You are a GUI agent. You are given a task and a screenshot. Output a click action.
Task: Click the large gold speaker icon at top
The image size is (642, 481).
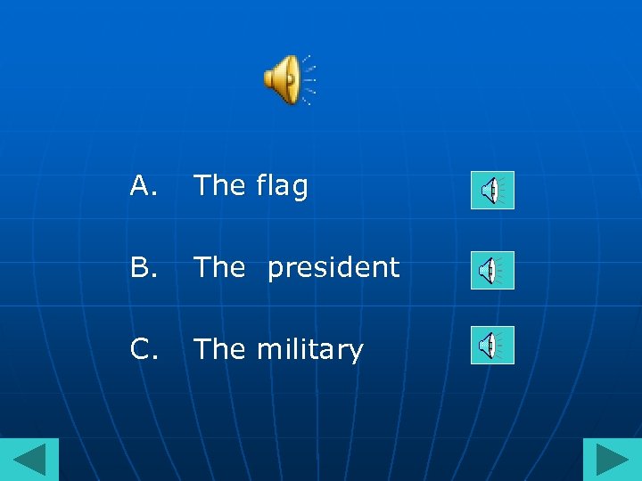click(x=284, y=79)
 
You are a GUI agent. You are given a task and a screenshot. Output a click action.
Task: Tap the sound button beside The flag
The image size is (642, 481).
click(x=492, y=190)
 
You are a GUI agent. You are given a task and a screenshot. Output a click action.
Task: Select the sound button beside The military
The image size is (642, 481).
click(x=492, y=345)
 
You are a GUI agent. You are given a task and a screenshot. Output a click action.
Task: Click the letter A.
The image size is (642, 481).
click(x=142, y=185)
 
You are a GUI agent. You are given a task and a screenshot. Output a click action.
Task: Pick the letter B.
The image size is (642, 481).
click(x=142, y=267)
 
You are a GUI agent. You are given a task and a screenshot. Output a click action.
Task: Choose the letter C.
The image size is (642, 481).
click(x=143, y=349)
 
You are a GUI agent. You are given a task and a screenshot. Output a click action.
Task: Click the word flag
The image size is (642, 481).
click(x=282, y=187)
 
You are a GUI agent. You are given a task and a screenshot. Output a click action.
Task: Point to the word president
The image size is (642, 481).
click(x=333, y=267)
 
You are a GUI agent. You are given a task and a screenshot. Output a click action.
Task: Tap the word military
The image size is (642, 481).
click(x=310, y=350)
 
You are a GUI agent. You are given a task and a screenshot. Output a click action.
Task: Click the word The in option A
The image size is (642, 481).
click(x=219, y=185)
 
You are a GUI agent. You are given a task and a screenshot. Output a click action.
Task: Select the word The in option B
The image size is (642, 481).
click(x=219, y=267)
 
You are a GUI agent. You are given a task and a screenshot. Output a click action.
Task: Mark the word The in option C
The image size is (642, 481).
click(x=219, y=349)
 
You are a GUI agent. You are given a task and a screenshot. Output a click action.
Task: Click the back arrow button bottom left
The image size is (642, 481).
click(x=29, y=460)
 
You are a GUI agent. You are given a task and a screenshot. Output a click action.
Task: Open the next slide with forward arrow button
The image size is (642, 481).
click(x=612, y=460)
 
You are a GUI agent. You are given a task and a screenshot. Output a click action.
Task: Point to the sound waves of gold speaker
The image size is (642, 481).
click(x=309, y=79)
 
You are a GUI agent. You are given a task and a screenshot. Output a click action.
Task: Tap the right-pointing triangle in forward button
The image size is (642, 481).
click(x=613, y=461)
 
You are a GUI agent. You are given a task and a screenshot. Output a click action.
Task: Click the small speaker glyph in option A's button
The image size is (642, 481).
click(x=488, y=190)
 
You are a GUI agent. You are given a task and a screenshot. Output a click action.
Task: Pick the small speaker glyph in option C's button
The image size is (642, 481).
click(x=488, y=345)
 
